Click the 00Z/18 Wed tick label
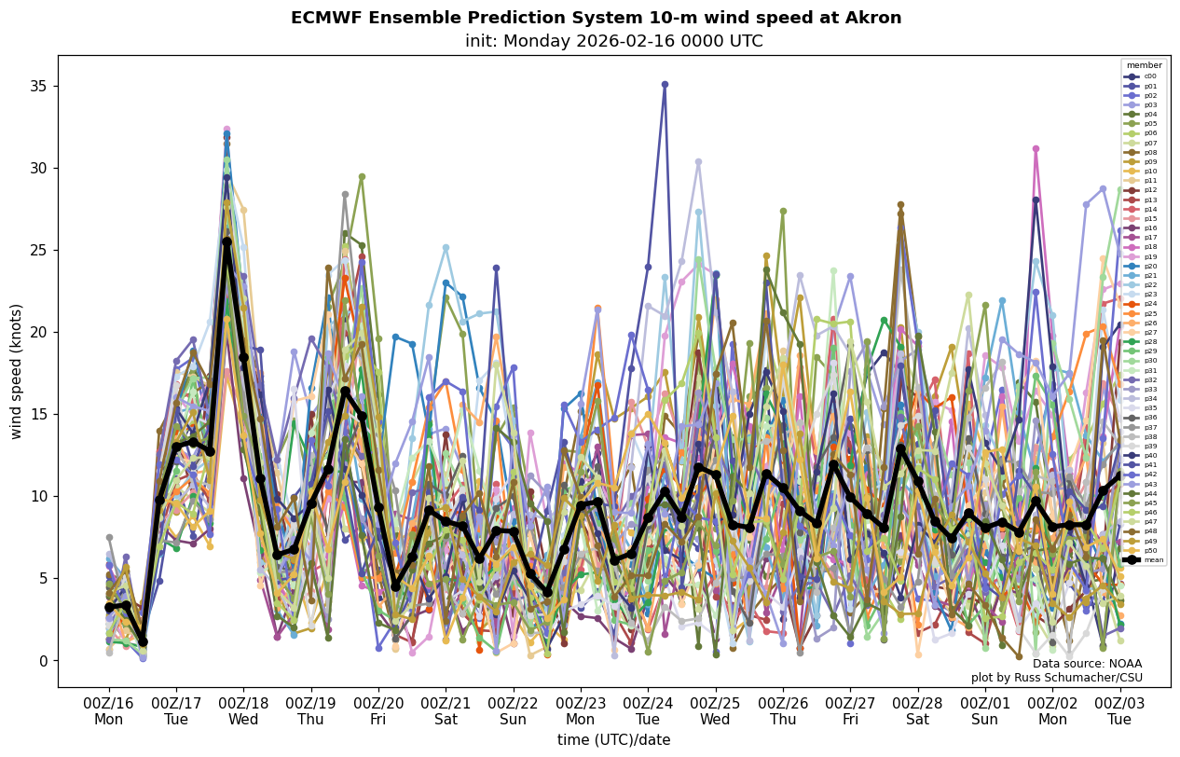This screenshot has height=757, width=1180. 243,711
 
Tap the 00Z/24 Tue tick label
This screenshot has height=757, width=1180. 648,711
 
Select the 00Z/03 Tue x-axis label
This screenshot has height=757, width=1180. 1119,711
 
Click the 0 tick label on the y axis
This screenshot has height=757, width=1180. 41,661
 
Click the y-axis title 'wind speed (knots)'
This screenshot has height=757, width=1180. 16,371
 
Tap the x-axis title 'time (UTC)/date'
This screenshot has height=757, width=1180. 613,740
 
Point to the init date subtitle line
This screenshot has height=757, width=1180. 613,41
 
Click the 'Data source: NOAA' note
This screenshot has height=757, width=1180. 1087,664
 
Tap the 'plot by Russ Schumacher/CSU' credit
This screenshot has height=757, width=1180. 1056,678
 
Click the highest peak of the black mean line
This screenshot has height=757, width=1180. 226,241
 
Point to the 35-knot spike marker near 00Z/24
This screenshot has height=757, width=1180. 665,85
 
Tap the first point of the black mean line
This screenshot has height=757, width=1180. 109,607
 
